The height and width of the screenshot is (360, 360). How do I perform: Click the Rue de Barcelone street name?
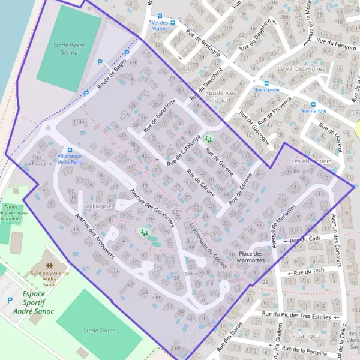tap(159, 116)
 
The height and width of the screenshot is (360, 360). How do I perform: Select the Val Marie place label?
tap(99, 206)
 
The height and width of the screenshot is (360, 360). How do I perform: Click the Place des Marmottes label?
tap(251, 257)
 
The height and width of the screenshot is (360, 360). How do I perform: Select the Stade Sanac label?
tap(100, 330)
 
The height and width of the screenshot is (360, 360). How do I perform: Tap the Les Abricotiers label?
tap(311, 162)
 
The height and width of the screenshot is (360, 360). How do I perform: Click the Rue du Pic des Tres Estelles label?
tap(296, 314)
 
